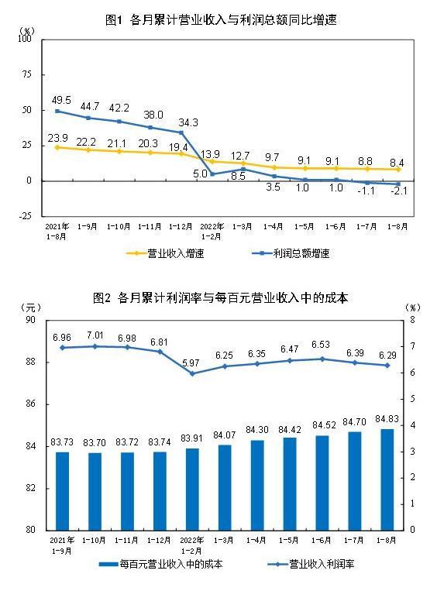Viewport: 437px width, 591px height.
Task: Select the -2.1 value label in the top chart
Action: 398,194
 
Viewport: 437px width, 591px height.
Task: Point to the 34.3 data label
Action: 188,122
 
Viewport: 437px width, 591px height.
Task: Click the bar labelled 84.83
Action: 387,479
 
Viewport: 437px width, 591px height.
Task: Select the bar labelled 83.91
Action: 192,489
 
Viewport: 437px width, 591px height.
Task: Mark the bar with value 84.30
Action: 257,484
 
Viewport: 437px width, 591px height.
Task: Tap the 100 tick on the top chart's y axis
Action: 26,40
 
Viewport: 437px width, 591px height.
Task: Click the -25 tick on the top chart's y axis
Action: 26,216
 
